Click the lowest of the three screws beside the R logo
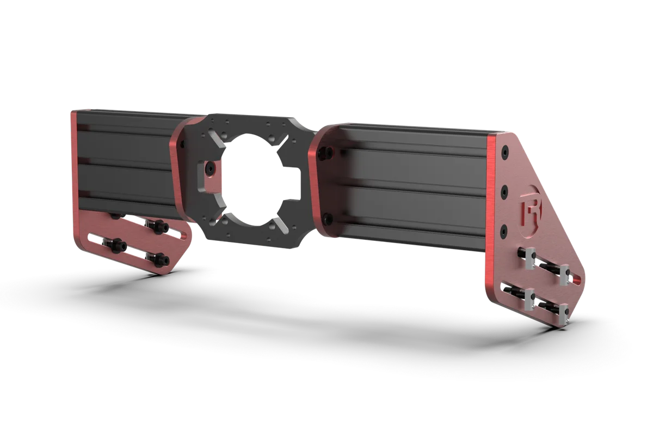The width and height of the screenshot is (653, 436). coord(503,228)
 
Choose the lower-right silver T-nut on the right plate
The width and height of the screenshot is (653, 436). coord(564,312)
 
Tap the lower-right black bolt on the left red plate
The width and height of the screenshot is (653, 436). coord(160,259)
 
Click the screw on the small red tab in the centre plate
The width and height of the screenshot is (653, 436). coord(210,170)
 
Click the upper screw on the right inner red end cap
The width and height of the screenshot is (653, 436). coord(327,152)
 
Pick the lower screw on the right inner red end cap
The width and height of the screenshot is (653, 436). coord(326,219)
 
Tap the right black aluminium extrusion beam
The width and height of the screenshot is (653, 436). coord(414,185)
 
